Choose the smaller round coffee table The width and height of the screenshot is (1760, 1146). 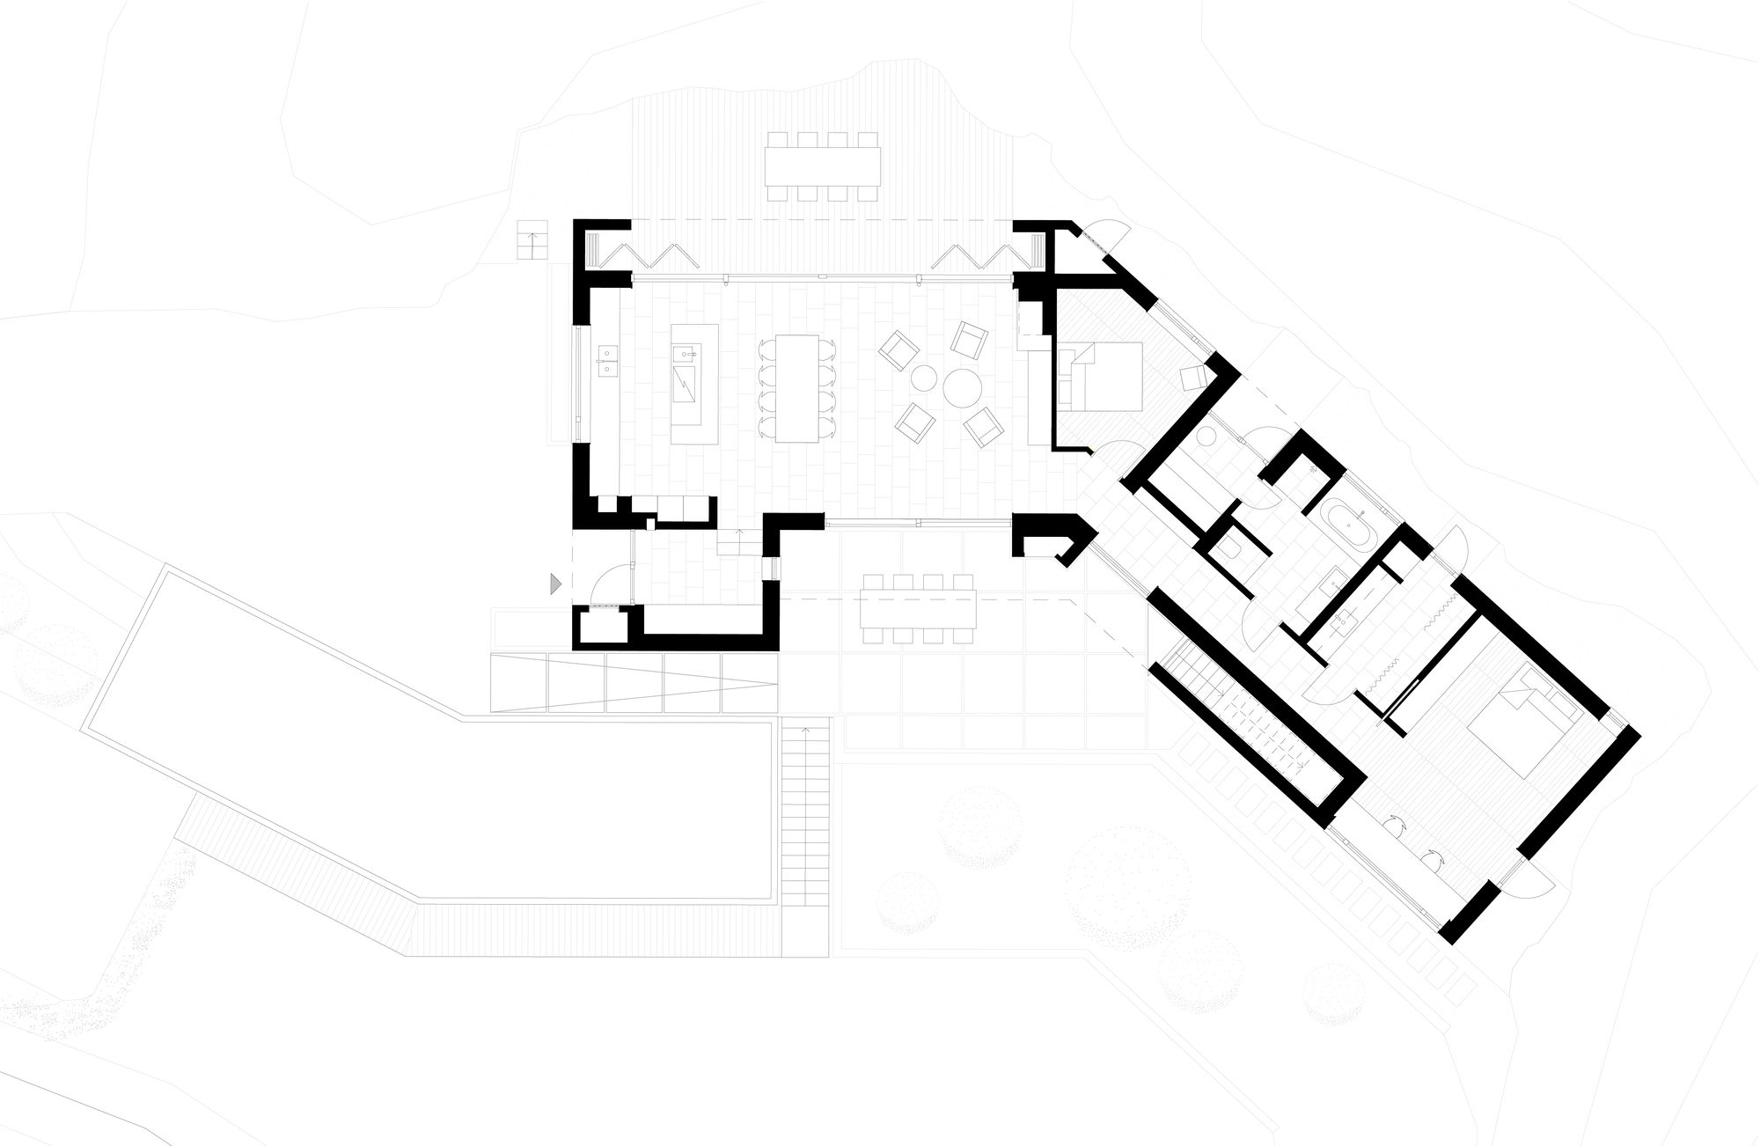coord(921,379)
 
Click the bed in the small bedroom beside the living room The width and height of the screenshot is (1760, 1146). coord(1104,377)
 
